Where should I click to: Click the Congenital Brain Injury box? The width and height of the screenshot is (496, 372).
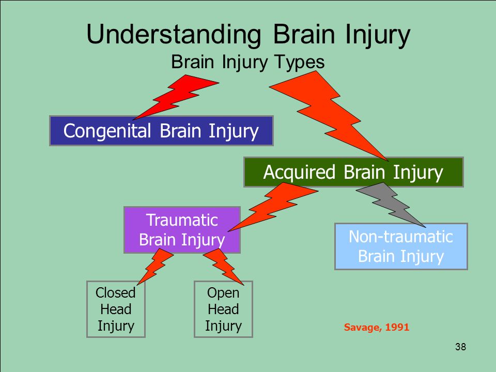[x=161, y=131]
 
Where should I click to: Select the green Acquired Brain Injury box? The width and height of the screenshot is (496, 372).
[x=353, y=172]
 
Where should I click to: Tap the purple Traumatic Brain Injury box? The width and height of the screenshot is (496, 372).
[x=182, y=230]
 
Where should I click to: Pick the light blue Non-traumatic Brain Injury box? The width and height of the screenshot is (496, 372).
[x=401, y=246]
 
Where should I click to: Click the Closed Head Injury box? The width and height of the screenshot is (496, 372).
[x=116, y=309]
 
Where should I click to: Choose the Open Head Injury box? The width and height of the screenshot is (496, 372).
[x=223, y=309]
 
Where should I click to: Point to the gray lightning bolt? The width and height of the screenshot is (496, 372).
[x=391, y=204]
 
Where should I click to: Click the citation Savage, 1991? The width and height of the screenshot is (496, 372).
[x=377, y=327]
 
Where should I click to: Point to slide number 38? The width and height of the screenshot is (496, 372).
[x=460, y=347]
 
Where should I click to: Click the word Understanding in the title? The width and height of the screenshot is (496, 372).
[x=174, y=34]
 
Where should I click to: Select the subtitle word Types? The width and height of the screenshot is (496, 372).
[x=300, y=63]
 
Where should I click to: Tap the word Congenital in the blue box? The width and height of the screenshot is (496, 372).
[x=107, y=131]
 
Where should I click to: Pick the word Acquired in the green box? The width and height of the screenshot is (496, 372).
[x=299, y=173]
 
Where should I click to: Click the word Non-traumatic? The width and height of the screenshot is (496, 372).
[x=401, y=237]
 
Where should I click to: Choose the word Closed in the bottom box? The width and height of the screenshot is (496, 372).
[x=115, y=292]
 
